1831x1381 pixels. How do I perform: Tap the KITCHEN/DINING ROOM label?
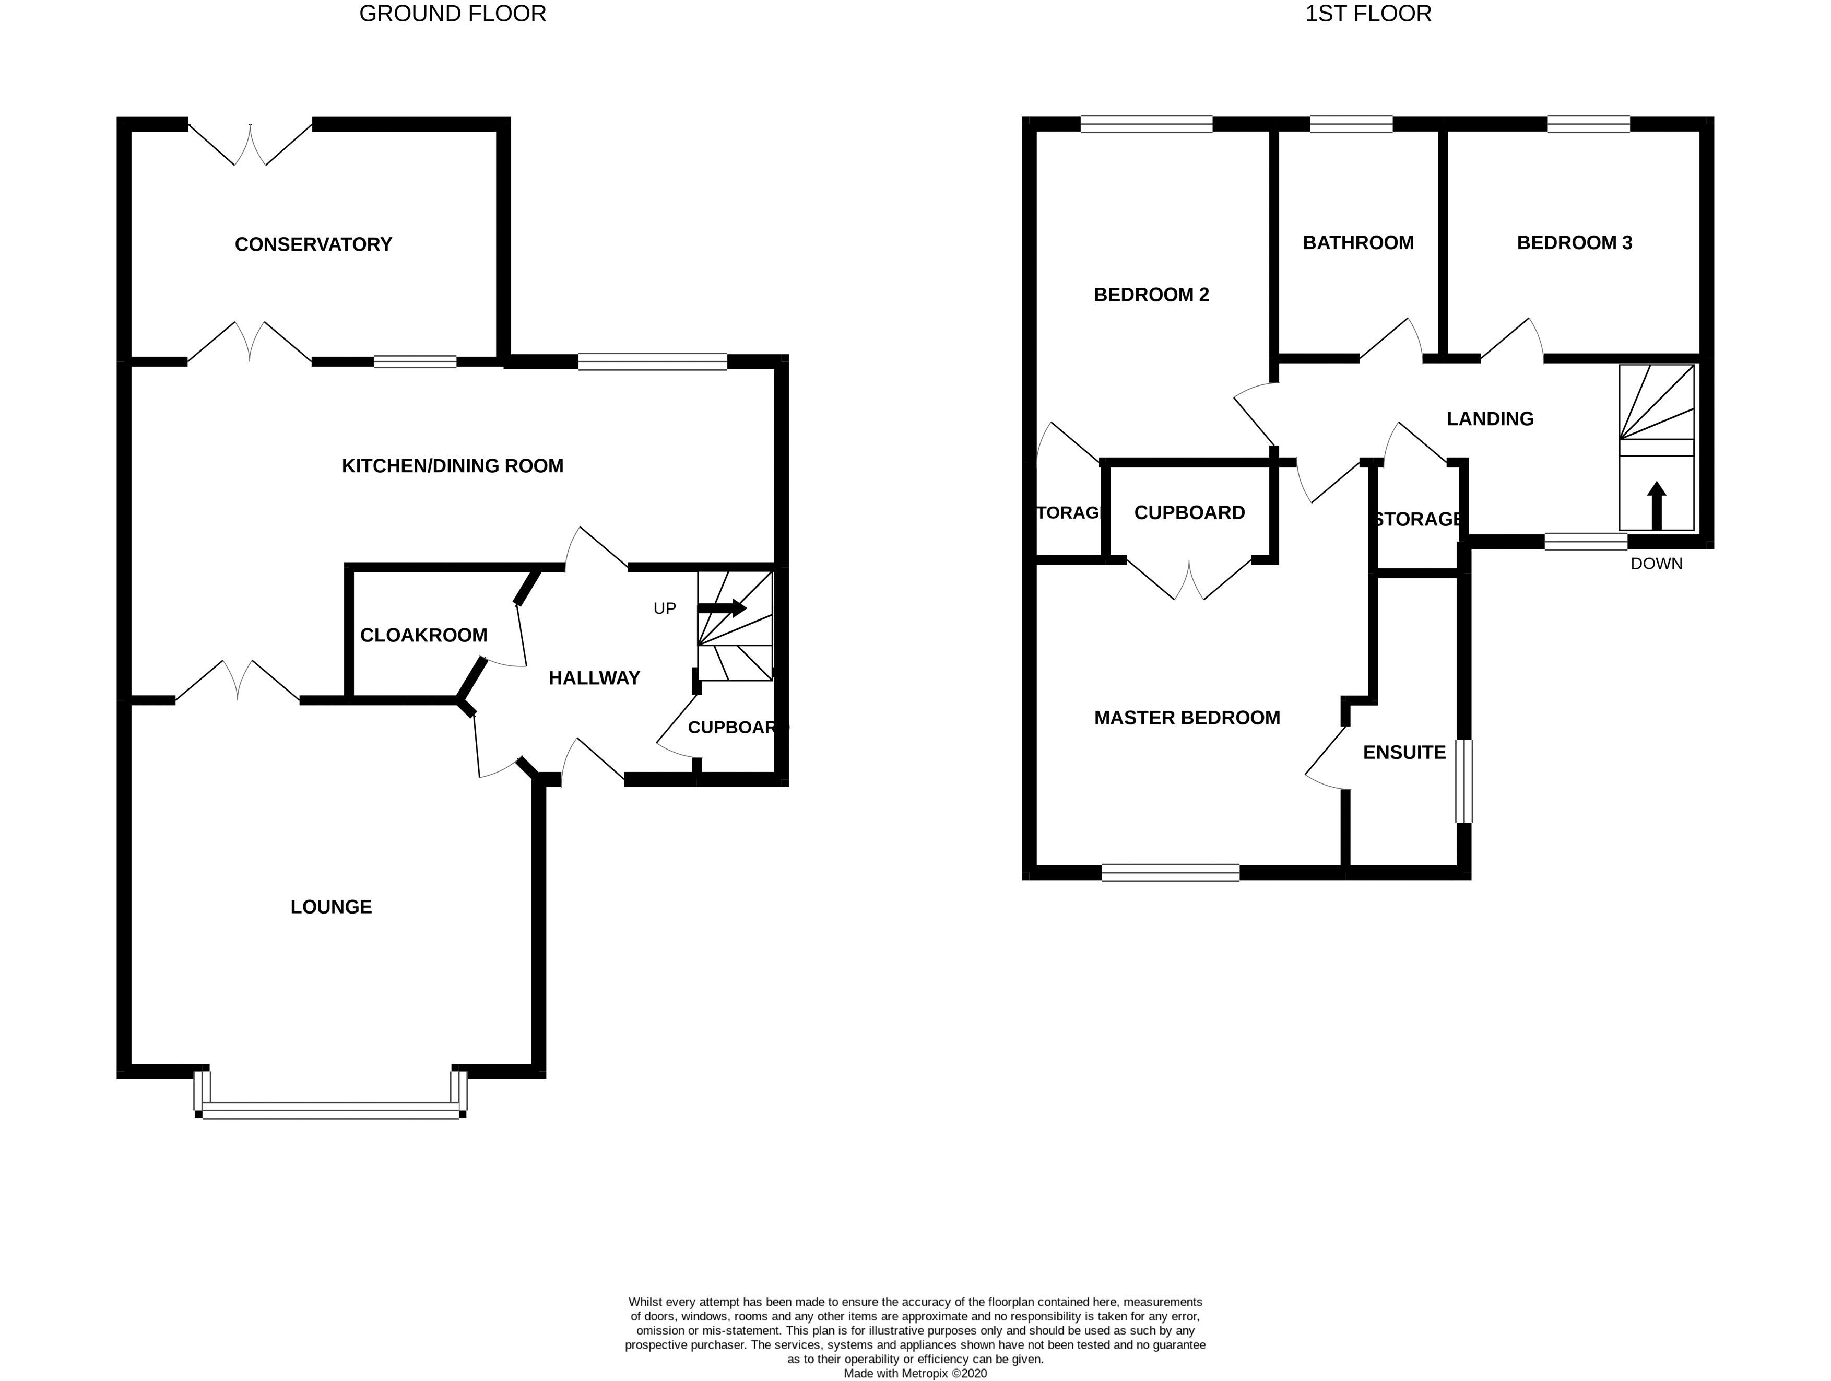452,466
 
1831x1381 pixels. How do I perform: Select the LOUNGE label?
331,907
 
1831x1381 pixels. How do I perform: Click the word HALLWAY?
594,678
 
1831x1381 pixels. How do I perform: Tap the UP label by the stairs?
665,608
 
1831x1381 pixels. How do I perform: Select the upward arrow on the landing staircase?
1656,505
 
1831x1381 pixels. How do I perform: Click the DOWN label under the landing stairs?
1656,564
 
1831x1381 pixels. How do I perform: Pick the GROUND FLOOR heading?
453,14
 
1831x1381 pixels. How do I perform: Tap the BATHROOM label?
1359,242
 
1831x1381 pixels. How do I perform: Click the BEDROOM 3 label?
1575,242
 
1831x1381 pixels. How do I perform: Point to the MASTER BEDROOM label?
1187,718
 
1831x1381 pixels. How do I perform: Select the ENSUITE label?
1404,753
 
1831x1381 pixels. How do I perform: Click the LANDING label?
1490,419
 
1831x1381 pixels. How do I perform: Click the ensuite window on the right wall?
1463,781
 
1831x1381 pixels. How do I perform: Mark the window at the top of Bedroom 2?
1147,125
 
